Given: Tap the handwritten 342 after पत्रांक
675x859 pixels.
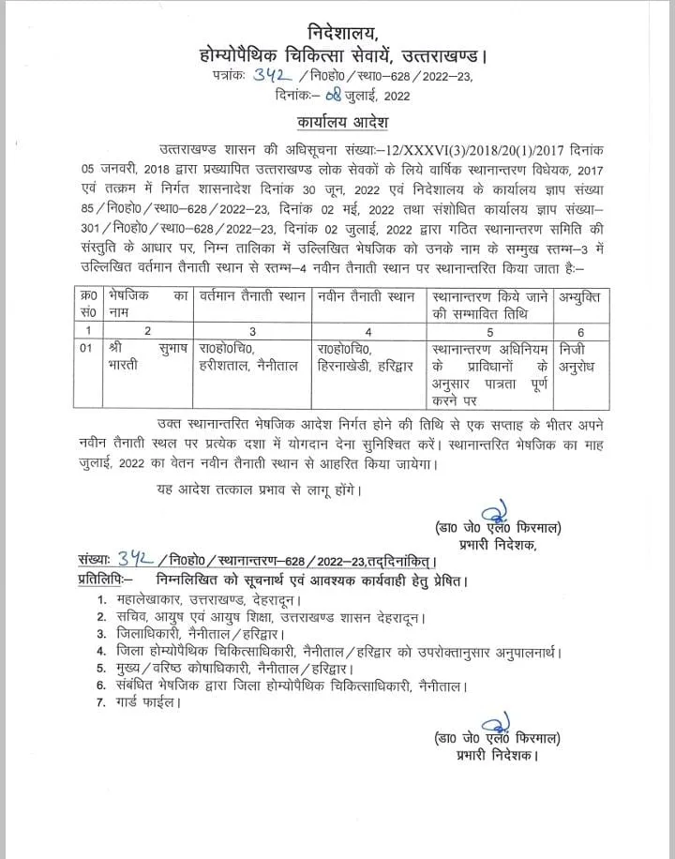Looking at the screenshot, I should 269,77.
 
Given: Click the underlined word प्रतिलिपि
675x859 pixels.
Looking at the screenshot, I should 103,580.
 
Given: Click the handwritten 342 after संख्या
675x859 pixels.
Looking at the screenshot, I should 137,560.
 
